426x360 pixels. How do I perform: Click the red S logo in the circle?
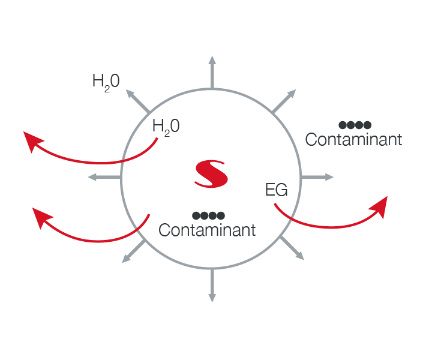[212, 173]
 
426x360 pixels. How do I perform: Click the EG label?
[276, 191]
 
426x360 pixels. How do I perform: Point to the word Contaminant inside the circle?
[207, 229]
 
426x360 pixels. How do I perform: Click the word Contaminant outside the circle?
[353, 139]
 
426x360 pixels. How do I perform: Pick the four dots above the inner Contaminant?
[208, 215]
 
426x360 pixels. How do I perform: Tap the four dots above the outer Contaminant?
[355, 125]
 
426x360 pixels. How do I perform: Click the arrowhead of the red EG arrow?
[379, 206]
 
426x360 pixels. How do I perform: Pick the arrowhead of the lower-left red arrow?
[41, 217]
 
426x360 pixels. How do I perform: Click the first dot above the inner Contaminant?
[196, 215]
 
